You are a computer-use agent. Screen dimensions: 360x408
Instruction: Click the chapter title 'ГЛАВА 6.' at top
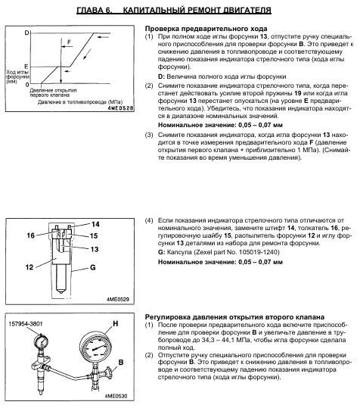pyautogui.click(x=95, y=11)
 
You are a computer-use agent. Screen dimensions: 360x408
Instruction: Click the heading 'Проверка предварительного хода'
pyautogui.click(x=206, y=28)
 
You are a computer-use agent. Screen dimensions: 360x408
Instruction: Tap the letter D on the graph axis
pyautogui.click(x=26, y=33)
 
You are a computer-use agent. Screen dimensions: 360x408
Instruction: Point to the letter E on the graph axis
pyautogui.click(x=26, y=67)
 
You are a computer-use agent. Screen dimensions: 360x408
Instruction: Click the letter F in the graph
pyautogui.click(x=69, y=42)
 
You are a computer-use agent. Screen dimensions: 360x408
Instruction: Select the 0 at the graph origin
pyautogui.click(x=27, y=84)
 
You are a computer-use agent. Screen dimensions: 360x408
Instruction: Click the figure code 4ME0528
pyautogui.click(x=120, y=108)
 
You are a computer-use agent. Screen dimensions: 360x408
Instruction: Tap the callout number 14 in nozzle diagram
pyautogui.click(x=95, y=224)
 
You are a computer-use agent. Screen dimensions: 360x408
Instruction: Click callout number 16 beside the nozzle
pyautogui.click(x=31, y=235)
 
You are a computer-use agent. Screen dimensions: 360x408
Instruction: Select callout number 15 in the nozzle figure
pyautogui.click(x=94, y=235)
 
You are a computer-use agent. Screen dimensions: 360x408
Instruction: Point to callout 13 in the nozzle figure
pyautogui.click(x=95, y=249)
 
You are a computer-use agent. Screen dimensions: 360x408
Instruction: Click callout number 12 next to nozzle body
pyautogui.click(x=29, y=267)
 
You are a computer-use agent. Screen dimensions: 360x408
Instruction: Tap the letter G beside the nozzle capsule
pyautogui.click(x=93, y=267)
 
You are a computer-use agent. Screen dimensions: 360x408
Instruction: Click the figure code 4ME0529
pyautogui.click(x=118, y=299)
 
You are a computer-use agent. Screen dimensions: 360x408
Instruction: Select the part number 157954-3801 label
pyautogui.click(x=26, y=324)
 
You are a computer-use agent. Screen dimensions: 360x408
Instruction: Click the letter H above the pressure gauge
pyautogui.click(x=116, y=323)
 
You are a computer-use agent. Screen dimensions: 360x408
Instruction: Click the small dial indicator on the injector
pyautogui.click(x=42, y=342)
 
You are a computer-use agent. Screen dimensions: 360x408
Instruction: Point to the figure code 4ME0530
pyautogui.click(x=116, y=396)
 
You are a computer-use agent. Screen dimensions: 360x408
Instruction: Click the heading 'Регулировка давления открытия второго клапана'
pyautogui.click(x=234, y=317)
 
